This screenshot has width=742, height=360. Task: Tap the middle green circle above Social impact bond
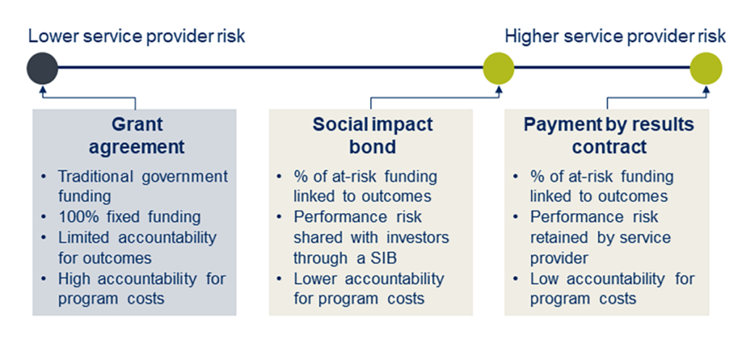[499, 69]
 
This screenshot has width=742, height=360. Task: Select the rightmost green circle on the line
[705, 69]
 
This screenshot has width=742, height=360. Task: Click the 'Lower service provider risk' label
[136, 36]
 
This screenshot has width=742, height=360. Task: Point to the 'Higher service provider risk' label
[615, 36]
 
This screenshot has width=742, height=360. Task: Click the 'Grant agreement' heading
[136, 135]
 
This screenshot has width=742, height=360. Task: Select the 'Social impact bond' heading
[372, 135]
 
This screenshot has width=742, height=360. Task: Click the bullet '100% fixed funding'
[129, 217]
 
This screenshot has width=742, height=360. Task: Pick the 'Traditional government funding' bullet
[142, 186]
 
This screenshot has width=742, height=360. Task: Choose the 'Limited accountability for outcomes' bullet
[136, 248]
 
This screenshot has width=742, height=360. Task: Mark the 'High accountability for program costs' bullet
[141, 288]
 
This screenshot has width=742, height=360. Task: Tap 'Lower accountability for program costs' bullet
[368, 288]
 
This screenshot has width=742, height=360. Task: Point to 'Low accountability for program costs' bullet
[612, 288]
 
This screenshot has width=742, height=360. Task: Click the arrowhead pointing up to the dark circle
[43, 90]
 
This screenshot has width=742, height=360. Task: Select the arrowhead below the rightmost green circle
[705, 90]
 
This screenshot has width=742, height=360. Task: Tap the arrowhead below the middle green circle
[499, 90]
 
